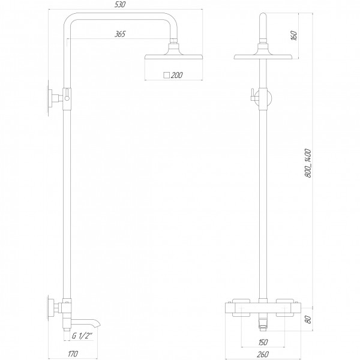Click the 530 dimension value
point(120,5)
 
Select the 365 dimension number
point(120,34)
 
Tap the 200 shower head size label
point(177,75)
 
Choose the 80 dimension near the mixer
point(308,319)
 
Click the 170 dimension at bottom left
point(73,353)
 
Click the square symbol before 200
point(166,75)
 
